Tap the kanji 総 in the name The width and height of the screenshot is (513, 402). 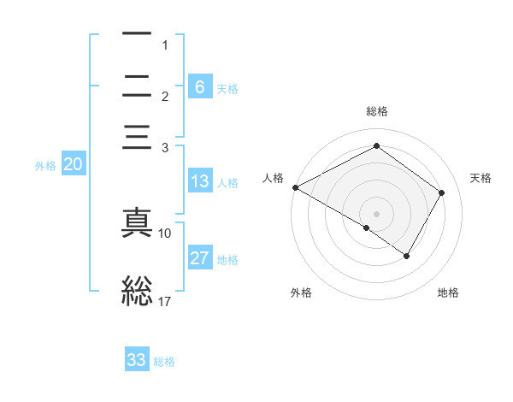pyautogui.click(x=137, y=291)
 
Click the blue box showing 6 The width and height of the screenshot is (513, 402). pyautogui.click(x=200, y=87)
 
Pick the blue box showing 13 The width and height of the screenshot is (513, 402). pyautogui.click(x=200, y=181)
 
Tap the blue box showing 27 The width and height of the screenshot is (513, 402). pyautogui.click(x=200, y=258)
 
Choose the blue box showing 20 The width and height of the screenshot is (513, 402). pyautogui.click(x=73, y=165)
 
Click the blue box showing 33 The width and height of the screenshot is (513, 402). pyautogui.click(x=137, y=360)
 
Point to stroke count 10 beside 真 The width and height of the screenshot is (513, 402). pyautogui.click(x=165, y=233)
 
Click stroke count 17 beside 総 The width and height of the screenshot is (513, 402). pyautogui.click(x=165, y=300)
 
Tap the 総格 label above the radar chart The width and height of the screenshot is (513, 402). pyautogui.click(x=376, y=111)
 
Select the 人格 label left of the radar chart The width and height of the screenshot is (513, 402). pyautogui.click(x=273, y=178)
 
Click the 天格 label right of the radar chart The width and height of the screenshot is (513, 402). pyautogui.click(x=481, y=178)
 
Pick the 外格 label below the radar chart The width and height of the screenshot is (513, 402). pyautogui.click(x=301, y=293)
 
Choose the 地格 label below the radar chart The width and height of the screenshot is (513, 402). pyautogui.click(x=448, y=293)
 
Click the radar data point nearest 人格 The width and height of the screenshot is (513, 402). pyautogui.click(x=295, y=187)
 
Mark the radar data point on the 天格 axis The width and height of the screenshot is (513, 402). pyautogui.click(x=441, y=193)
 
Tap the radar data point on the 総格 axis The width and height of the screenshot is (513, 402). pyautogui.click(x=376, y=145)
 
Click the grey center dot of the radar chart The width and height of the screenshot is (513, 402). pyautogui.click(x=376, y=213)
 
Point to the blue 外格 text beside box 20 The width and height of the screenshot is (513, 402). pyautogui.click(x=45, y=166)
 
